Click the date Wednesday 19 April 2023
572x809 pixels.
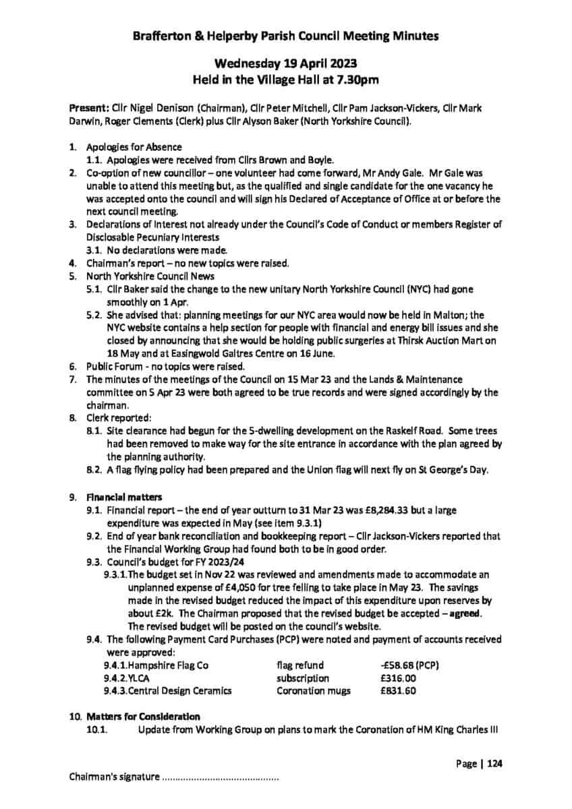click(286, 64)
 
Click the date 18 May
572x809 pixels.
click(122, 353)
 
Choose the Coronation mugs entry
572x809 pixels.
click(309, 690)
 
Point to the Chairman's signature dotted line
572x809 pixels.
click(220, 778)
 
